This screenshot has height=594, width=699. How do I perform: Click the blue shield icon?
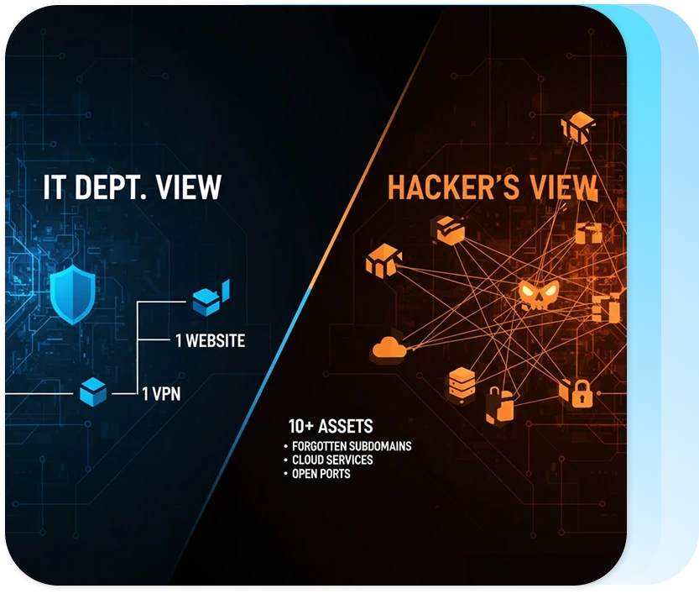71,297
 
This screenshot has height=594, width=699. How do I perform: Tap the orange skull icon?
538,295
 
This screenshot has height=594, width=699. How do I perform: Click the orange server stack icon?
462,382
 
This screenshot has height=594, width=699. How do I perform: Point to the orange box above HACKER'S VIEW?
576,128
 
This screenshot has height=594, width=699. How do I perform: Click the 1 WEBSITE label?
210,340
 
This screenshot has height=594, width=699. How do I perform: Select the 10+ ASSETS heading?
330,426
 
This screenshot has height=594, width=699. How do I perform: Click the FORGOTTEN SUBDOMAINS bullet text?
352,446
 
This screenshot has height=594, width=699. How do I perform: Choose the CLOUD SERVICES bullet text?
332,460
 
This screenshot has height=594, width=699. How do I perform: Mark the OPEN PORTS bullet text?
321,474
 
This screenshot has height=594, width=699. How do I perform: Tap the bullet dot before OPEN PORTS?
286,475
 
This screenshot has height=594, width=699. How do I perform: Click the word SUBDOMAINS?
383,446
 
